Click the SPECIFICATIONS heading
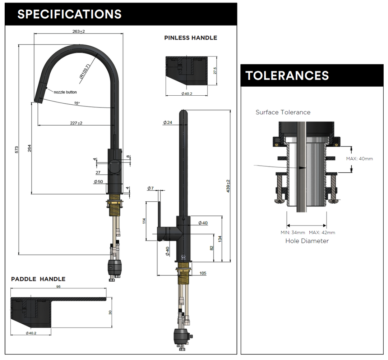[69, 14]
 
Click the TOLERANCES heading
[287, 76]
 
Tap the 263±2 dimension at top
[78, 31]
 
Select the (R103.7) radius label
[84, 71]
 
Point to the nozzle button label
[65, 92]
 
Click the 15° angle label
[77, 103]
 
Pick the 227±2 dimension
[76, 123]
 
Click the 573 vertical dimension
[17, 150]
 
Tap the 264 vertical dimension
[29, 148]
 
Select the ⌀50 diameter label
[98, 182]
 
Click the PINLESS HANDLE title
[190, 38]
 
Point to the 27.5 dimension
[215, 70]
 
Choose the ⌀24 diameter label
[167, 123]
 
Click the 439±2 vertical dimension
[228, 186]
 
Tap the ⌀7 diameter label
[150, 188]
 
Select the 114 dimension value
[144, 220]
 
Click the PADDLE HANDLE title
[38, 279]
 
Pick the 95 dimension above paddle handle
[59, 287]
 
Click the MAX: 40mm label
[359, 159]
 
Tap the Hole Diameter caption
[307, 241]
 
